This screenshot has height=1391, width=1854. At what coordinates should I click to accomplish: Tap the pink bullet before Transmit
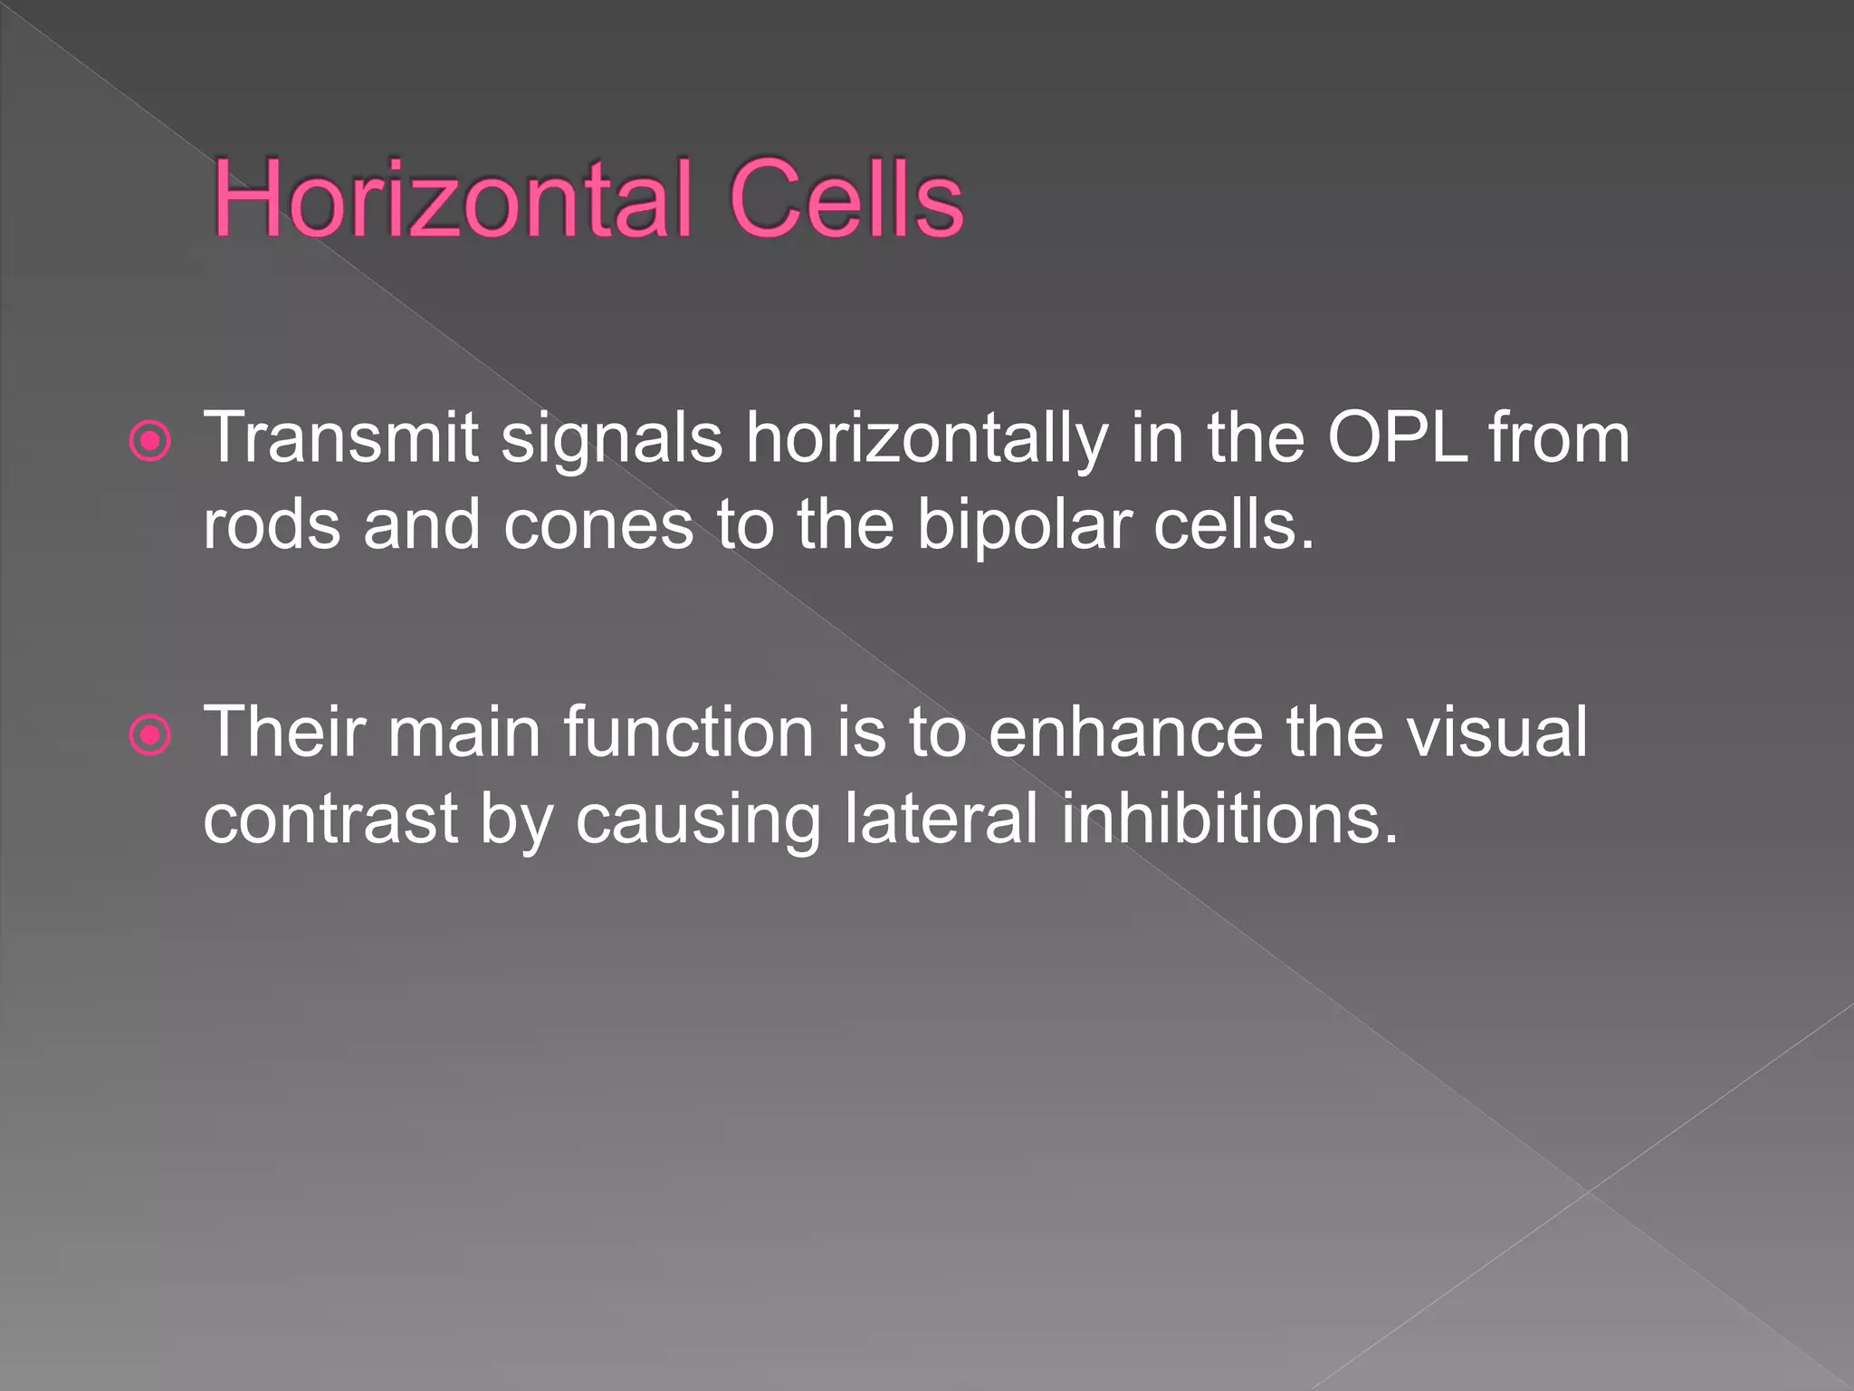(150, 442)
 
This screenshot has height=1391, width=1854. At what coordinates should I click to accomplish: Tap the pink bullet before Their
(150, 735)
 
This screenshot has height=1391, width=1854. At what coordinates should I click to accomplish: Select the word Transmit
(340, 439)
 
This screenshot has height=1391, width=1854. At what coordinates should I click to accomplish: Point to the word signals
(611, 439)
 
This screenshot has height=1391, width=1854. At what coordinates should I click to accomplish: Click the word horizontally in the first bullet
(925, 439)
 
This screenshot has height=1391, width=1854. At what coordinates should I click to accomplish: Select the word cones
(597, 525)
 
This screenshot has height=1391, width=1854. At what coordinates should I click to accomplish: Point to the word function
(688, 732)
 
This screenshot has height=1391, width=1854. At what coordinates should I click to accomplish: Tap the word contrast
(330, 819)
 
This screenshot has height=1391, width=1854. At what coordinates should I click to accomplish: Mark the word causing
(697, 819)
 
